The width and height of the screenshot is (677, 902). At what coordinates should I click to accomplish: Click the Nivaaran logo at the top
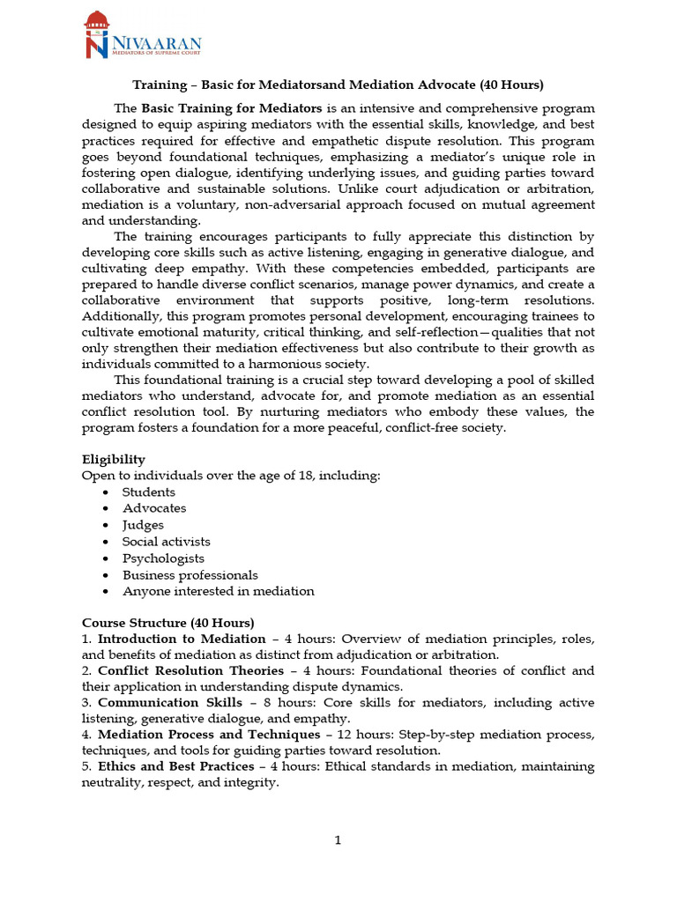point(142,36)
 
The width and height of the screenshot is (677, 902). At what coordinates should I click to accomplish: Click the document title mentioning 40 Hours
point(338,85)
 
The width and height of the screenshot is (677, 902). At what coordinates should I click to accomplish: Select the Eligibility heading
point(114,459)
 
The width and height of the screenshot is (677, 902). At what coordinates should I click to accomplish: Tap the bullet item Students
point(148,492)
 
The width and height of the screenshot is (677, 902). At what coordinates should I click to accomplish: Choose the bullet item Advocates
point(154,508)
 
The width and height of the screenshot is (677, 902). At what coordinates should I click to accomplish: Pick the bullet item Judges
point(143,525)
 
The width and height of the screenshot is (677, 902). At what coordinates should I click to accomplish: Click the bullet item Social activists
point(166,542)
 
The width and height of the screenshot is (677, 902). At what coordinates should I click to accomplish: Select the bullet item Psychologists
point(163,558)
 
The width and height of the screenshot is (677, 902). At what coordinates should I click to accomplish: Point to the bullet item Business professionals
point(190,575)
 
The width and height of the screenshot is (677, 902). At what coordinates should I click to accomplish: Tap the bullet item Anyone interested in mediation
point(218,592)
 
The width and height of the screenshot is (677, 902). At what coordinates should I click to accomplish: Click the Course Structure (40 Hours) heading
point(167,622)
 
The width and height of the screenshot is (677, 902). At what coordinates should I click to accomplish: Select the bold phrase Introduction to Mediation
point(182,639)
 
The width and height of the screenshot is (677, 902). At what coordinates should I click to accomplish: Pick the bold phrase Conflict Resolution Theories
point(190,670)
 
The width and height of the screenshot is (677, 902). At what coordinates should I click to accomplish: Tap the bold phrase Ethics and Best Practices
point(175,766)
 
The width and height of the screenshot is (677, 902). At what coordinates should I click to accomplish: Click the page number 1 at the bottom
point(338,840)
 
